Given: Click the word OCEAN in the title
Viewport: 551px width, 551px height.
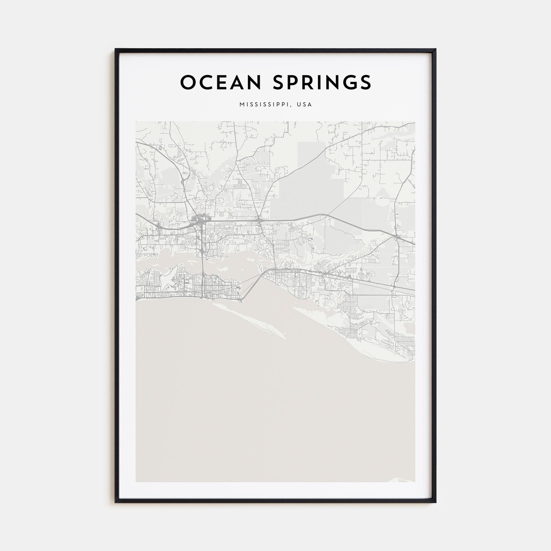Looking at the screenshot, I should click(x=220, y=82).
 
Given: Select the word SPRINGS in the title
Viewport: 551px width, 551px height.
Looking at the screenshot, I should click(x=322, y=82).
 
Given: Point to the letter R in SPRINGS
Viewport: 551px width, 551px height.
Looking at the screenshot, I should click(x=310, y=82).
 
